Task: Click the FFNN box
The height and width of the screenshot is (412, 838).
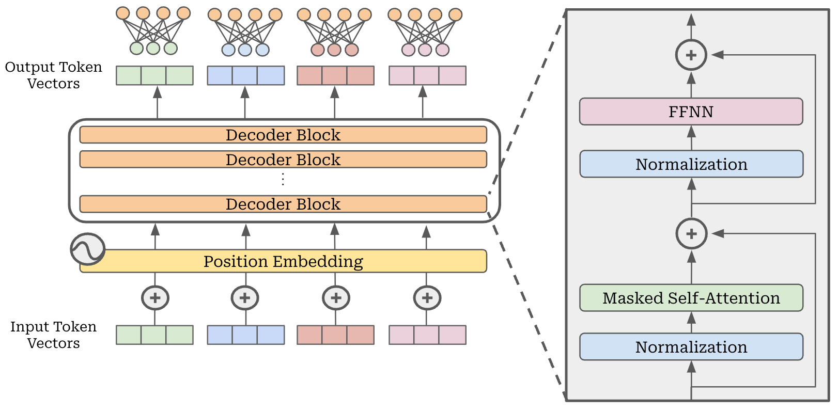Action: click(x=691, y=112)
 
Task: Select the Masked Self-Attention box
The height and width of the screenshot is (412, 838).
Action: click(x=691, y=297)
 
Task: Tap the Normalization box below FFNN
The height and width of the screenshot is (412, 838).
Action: click(x=691, y=164)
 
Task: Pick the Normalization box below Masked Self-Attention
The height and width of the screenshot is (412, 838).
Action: click(x=691, y=346)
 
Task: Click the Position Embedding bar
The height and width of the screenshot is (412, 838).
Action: click(x=283, y=261)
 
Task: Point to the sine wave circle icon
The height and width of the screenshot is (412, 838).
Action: click(x=87, y=249)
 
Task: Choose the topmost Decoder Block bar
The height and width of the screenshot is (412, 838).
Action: click(x=283, y=135)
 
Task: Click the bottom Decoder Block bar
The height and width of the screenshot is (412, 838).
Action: click(x=283, y=204)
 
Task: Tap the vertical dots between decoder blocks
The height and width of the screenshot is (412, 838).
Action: click(x=283, y=179)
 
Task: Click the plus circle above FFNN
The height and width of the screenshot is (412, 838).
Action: click(x=691, y=55)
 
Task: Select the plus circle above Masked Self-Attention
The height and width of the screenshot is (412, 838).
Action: click(x=691, y=234)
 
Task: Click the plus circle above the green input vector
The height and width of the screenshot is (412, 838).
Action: click(x=156, y=298)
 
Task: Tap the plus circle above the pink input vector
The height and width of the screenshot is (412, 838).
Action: click(x=427, y=298)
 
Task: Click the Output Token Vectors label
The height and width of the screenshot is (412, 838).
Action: click(x=53, y=75)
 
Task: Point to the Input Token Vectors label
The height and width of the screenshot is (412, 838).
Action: click(x=53, y=335)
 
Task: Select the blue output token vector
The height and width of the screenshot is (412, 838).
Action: click(x=246, y=75)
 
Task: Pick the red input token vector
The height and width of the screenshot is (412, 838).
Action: click(x=336, y=335)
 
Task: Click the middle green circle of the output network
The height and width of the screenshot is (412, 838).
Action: click(x=153, y=48)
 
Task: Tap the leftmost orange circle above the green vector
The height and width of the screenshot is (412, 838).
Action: click(x=123, y=13)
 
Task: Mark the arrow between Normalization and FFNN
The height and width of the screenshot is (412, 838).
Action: click(x=691, y=137)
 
